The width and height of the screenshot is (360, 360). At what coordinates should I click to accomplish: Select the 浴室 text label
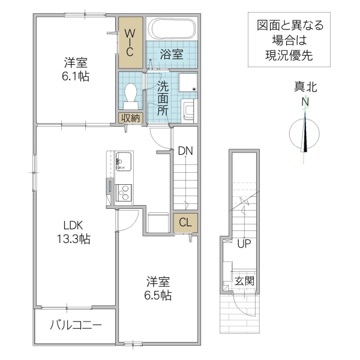tap(171, 54)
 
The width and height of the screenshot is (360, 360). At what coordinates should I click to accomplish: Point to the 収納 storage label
tap(130, 118)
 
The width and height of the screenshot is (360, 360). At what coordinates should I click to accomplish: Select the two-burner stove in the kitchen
tap(124, 193)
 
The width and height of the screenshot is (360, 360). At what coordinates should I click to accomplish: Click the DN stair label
tap(185, 151)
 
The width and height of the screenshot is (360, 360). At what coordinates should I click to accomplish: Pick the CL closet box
tap(185, 222)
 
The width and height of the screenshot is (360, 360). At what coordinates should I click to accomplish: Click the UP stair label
tap(244, 244)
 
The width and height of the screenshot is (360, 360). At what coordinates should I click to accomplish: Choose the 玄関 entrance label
tap(244, 281)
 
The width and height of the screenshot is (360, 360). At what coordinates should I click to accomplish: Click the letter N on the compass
tap(305, 102)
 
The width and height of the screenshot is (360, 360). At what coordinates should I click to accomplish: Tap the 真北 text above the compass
tap(305, 88)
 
